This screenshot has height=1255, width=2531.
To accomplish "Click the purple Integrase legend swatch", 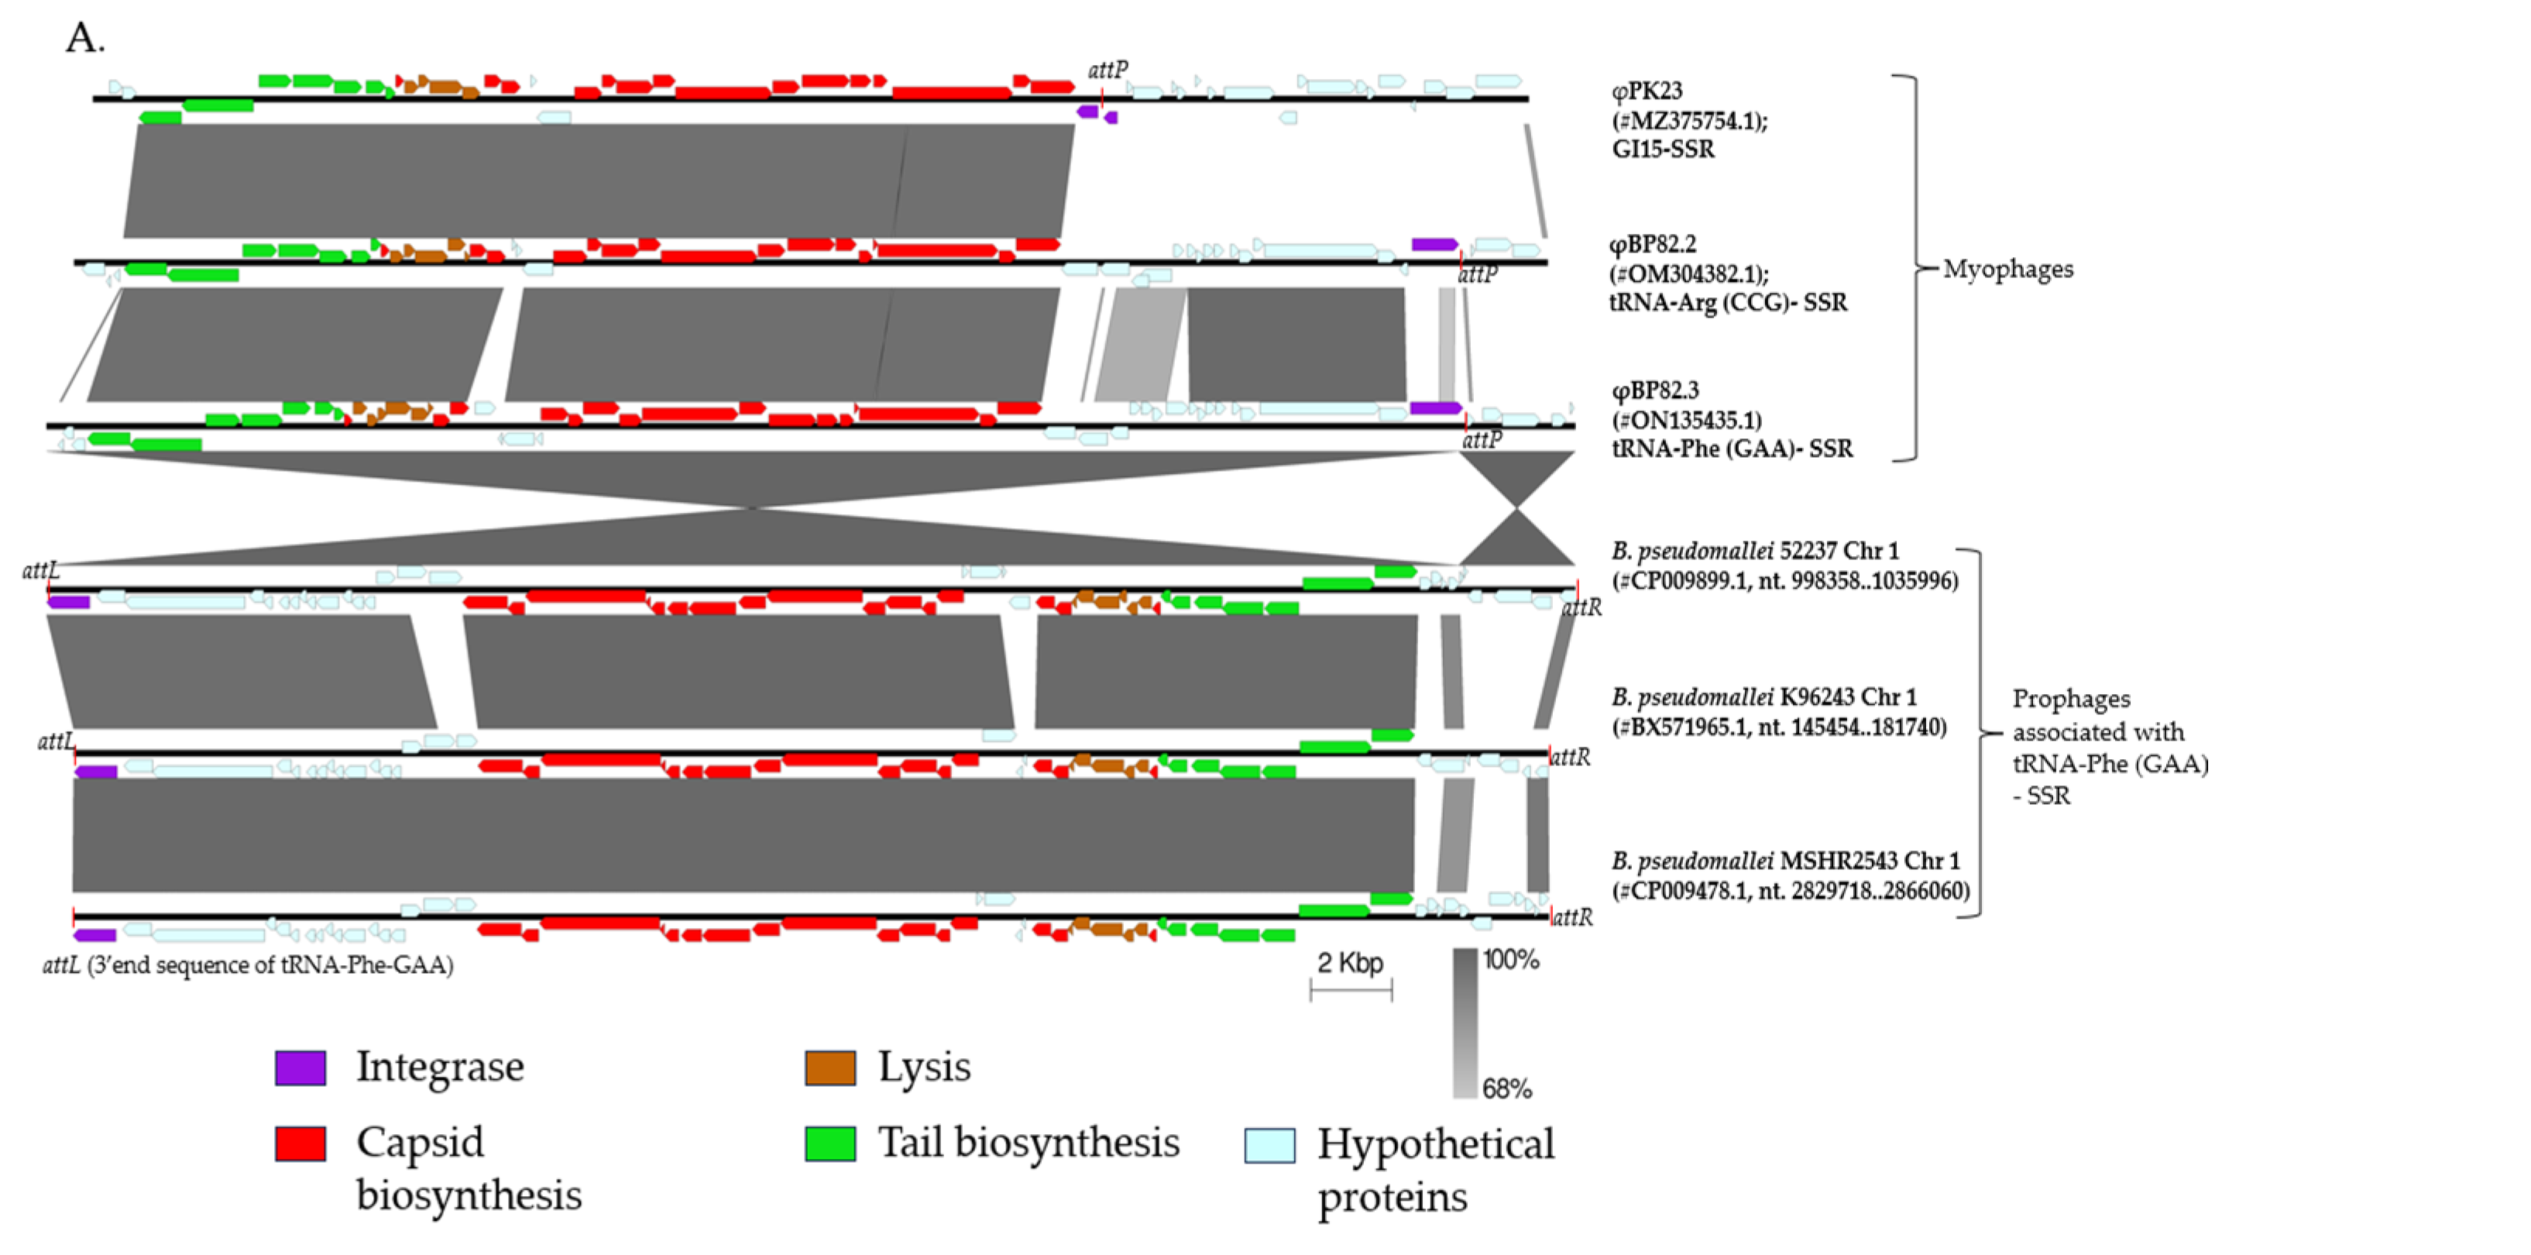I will tap(300, 1068).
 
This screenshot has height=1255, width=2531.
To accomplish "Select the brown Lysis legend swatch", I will tap(830, 1068).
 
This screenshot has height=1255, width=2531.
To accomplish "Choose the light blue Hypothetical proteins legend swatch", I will tap(1269, 1146).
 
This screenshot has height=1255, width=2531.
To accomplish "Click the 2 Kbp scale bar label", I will tap(1350, 963).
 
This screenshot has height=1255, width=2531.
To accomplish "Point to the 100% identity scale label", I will tap(1510, 960).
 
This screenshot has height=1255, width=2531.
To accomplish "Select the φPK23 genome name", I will tap(1647, 91).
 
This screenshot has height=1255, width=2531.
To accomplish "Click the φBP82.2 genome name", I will tap(1653, 244).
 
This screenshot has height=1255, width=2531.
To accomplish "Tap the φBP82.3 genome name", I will tap(1654, 390).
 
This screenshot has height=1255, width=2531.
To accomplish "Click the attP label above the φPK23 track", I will tap(1108, 70).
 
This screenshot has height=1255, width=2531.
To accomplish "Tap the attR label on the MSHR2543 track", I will tap(1572, 917).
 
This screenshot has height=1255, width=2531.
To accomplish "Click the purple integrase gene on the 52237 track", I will tap(69, 601).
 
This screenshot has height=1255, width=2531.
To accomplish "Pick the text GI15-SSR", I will tap(1663, 150).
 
